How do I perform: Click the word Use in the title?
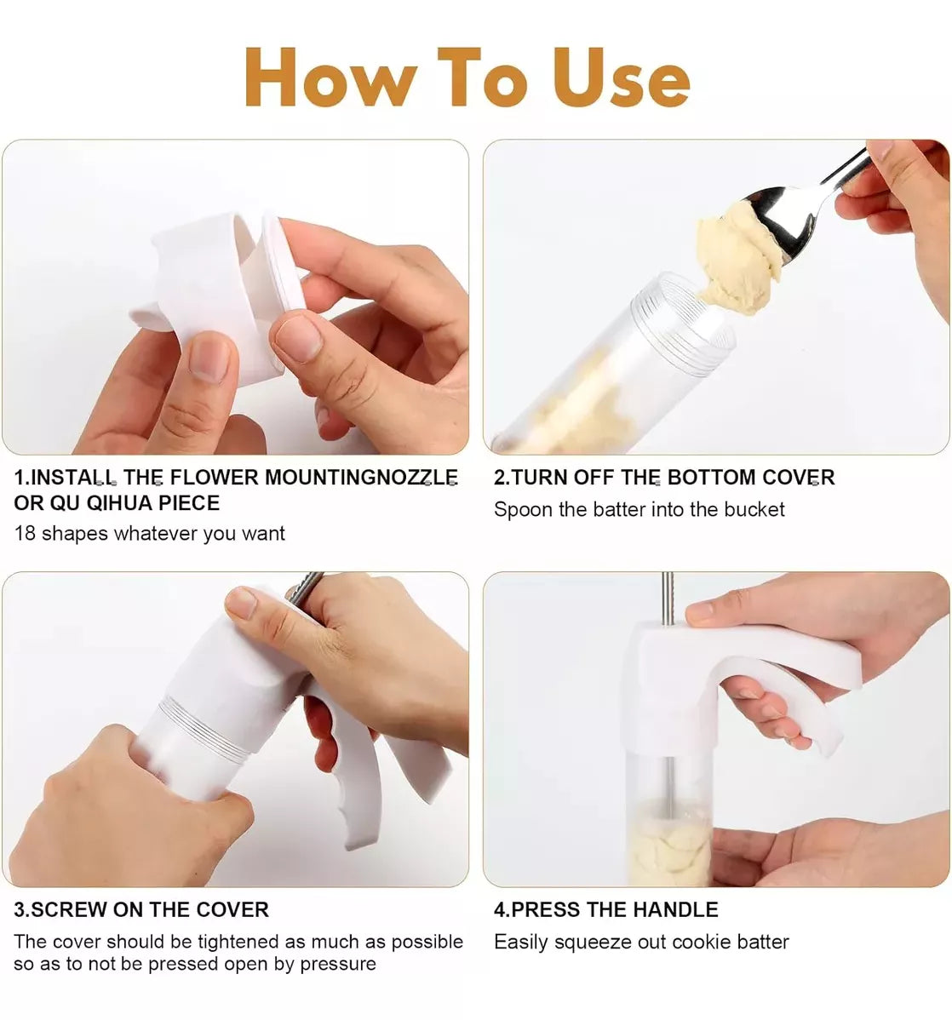(x=622, y=77)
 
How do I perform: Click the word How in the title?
(x=330, y=77)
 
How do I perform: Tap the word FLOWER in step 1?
(x=214, y=478)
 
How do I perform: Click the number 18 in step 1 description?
(x=25, y=534)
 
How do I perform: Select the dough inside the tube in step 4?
(x=670, y=845)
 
